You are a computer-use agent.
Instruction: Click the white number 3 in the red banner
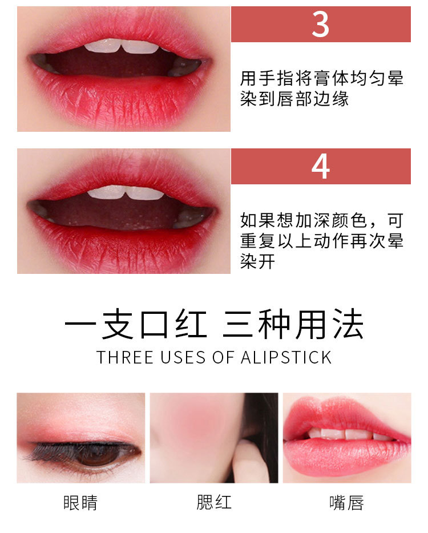[x=321, y=25]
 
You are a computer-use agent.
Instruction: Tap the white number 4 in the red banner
[x=321, y=166]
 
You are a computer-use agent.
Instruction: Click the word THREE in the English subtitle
[x=125, y=358]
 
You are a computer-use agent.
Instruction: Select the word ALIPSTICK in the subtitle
[x=286, y=358]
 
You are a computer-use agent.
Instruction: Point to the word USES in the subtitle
[x=183, y=358]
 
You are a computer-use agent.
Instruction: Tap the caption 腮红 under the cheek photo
[x=214, y=502]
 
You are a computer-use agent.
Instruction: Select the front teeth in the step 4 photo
[x=126, y=193]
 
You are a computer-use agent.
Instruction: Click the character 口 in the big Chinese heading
[x=155, y=324]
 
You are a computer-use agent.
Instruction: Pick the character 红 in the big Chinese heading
[x=191, y=324]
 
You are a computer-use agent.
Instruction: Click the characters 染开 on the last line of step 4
[x=258, y=261]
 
